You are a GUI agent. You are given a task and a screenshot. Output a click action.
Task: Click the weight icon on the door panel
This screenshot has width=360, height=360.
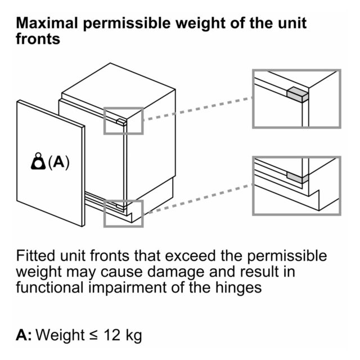[x=38, y=161]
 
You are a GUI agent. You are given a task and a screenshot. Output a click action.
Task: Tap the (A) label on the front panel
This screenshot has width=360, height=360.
[x=58, y=162]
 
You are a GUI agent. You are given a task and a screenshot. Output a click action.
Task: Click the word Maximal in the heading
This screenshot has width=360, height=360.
[x=47, y=23]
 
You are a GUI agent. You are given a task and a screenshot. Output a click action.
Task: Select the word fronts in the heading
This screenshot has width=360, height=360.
[x=38, y=39]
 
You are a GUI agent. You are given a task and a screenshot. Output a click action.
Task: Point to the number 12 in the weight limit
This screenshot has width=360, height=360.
[x=112, y=335]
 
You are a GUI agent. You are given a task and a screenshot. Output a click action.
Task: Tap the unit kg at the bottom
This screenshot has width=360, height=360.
[x=134, y=336]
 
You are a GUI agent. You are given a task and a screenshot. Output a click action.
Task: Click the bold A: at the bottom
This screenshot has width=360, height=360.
[x=24, y=335]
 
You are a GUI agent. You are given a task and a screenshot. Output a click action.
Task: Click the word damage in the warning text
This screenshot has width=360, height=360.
[x=175, y=272]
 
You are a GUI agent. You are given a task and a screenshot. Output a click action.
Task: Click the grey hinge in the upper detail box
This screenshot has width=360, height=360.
[x=298, y=94]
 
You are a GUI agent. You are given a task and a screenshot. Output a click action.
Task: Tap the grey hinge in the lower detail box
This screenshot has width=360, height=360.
[x=298, y=178]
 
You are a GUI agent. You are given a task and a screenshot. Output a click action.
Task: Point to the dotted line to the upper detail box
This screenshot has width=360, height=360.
[x=198, y=109]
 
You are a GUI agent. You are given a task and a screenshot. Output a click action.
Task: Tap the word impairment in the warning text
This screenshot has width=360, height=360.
[x=128, y=288]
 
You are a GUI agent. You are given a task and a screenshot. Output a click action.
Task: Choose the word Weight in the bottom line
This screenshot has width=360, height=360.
[x=60, y=336]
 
